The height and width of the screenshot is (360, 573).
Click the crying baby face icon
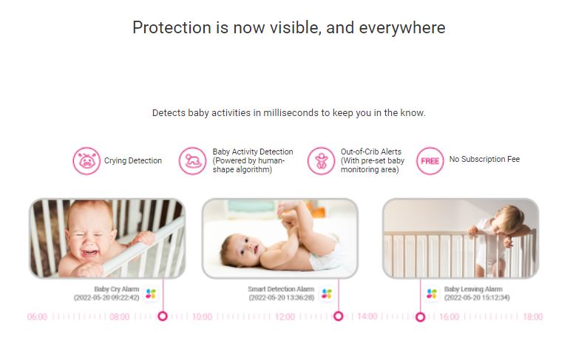(x=87, y=161)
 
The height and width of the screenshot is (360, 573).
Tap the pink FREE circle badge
(x=430, y=161)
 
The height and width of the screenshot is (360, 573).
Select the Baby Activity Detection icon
(x=192, y=161)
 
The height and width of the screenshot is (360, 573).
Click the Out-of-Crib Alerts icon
(x=321, y=161)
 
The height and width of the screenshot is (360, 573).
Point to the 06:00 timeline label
(x=37, y=316)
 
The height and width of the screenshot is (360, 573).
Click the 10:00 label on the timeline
(x=202, y=316)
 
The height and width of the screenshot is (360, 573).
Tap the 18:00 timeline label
(x=533, y=316)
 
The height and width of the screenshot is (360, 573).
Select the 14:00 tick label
(x=367, y=316)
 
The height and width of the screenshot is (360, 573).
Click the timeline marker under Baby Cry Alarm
(x=163, y=316)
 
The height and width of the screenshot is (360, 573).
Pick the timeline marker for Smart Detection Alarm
(x=339, y=316)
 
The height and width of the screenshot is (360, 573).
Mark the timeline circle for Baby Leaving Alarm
(x=420, y=317)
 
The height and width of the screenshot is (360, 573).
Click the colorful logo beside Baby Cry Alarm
(x=151, y=293)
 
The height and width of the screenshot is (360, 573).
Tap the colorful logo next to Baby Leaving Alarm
(x=432, y=293)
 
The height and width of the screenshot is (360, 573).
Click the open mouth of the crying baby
(x=90, y=253)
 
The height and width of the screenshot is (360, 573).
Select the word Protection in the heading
(x=172, y=28)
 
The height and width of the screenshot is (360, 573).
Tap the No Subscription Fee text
(x=484, y=159)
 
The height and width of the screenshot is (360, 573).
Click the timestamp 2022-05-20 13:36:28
(x=282, y=297)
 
